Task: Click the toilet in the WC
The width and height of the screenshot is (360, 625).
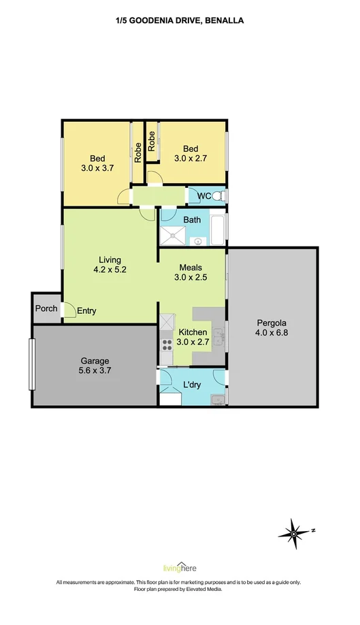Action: coord(219,196)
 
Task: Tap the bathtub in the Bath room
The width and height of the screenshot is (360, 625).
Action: coord(218,230)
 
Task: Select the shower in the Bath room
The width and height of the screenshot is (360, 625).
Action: coord(172,236)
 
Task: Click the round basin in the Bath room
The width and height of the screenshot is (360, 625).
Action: coord(197,241)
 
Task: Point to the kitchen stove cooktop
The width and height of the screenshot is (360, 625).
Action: coord(167,344)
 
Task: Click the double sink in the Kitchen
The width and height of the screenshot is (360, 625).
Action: coord(218,337)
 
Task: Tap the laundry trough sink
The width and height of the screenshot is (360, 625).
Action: coord(218,400)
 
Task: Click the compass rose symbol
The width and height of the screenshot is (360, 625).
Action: coord(294,533)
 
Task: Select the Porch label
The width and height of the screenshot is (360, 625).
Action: coord(46,308)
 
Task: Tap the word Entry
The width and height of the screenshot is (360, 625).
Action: coord(86,311)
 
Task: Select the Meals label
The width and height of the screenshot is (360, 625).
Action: coord(191,268)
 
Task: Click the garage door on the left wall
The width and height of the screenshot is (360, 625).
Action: coord(32,364)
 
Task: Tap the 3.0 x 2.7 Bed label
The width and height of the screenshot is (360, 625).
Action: coord(191,153)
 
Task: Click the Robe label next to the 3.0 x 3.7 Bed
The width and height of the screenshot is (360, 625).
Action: coord(137,153)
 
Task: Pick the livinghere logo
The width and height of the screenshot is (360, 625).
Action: coord(180,567)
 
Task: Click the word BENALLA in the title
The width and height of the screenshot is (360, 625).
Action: coord(224,20)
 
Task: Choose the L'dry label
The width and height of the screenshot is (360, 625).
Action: coord(191,385)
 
